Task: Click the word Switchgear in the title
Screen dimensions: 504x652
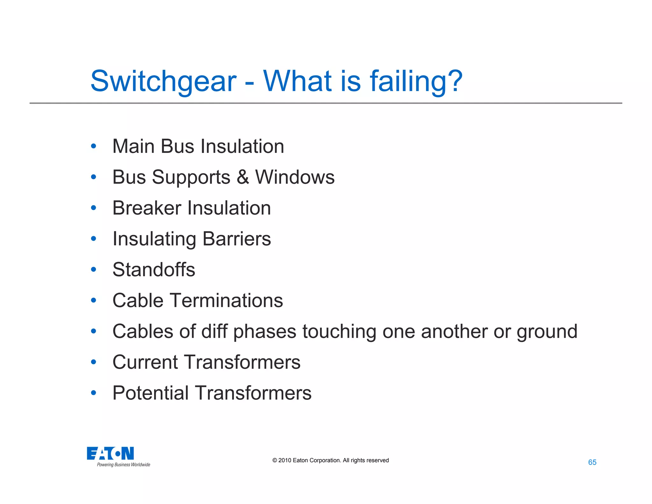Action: pos(163,81)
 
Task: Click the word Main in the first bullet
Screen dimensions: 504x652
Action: pos(133,146)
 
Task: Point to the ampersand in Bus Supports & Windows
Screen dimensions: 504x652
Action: pos(243,177)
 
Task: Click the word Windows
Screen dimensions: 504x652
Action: pos(295,177)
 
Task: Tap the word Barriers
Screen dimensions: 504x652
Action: pos(237,239)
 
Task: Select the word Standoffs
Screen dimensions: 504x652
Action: pos(154,270)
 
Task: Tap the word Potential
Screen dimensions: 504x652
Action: pos(151,393)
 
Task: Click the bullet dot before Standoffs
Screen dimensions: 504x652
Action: pos(93,270)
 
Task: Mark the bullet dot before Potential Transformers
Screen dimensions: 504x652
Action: pos(93,393)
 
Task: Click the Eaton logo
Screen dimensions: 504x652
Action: pos(110,453)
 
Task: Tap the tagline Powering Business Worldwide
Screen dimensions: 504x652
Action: pos(124,465)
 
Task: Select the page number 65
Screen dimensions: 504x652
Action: pos(592,462)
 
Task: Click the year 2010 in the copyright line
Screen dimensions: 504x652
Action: pos(285,460)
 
